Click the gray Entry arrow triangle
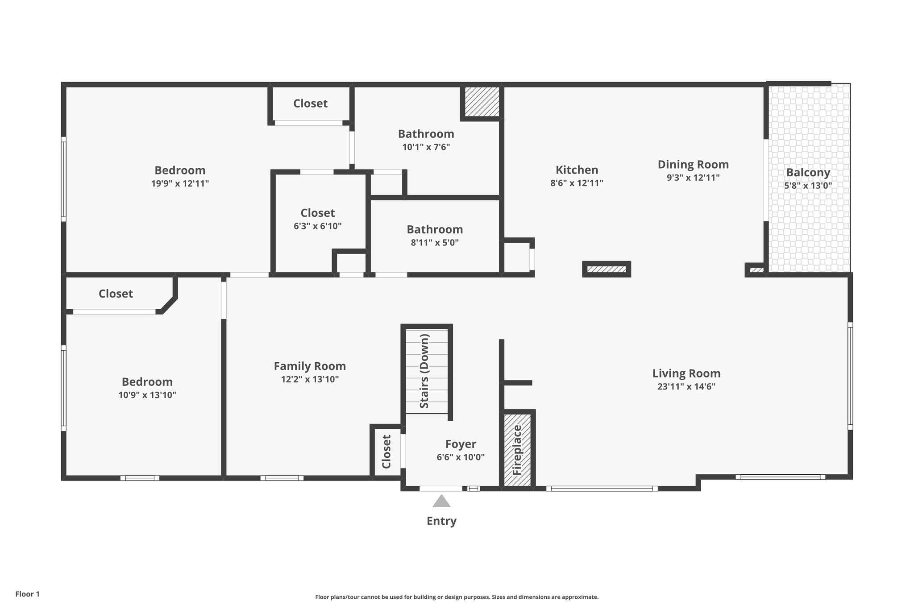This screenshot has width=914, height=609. click(441, 501)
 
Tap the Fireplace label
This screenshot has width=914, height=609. click(517, 450)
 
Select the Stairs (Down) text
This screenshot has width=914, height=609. click(424, 371)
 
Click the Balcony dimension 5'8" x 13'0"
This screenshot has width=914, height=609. click(808, 186)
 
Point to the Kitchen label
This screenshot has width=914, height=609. click(577, 170)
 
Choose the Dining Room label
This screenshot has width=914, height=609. click(693, 165)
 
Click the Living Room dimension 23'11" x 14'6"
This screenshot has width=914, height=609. click(686, 387)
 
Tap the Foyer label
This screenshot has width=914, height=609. click(461, 444)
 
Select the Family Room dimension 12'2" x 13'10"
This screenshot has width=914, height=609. click(310, 379)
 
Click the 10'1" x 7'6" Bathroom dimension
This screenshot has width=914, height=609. click(426, 147)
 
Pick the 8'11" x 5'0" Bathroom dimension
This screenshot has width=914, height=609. click(435, 243)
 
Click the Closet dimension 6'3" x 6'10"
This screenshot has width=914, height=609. click(317, 226)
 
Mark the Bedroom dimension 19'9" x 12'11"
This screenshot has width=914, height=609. click(180, 183)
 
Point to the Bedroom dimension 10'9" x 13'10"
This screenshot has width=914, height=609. click(147, 395)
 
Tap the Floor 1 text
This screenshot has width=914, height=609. click(28, 594)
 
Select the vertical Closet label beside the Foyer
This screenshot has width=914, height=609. click(386, 452)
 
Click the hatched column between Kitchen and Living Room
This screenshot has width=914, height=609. click(607, 269)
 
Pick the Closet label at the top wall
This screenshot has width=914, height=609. click(310, 104)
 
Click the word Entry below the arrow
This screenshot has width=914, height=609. click(441, 521)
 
